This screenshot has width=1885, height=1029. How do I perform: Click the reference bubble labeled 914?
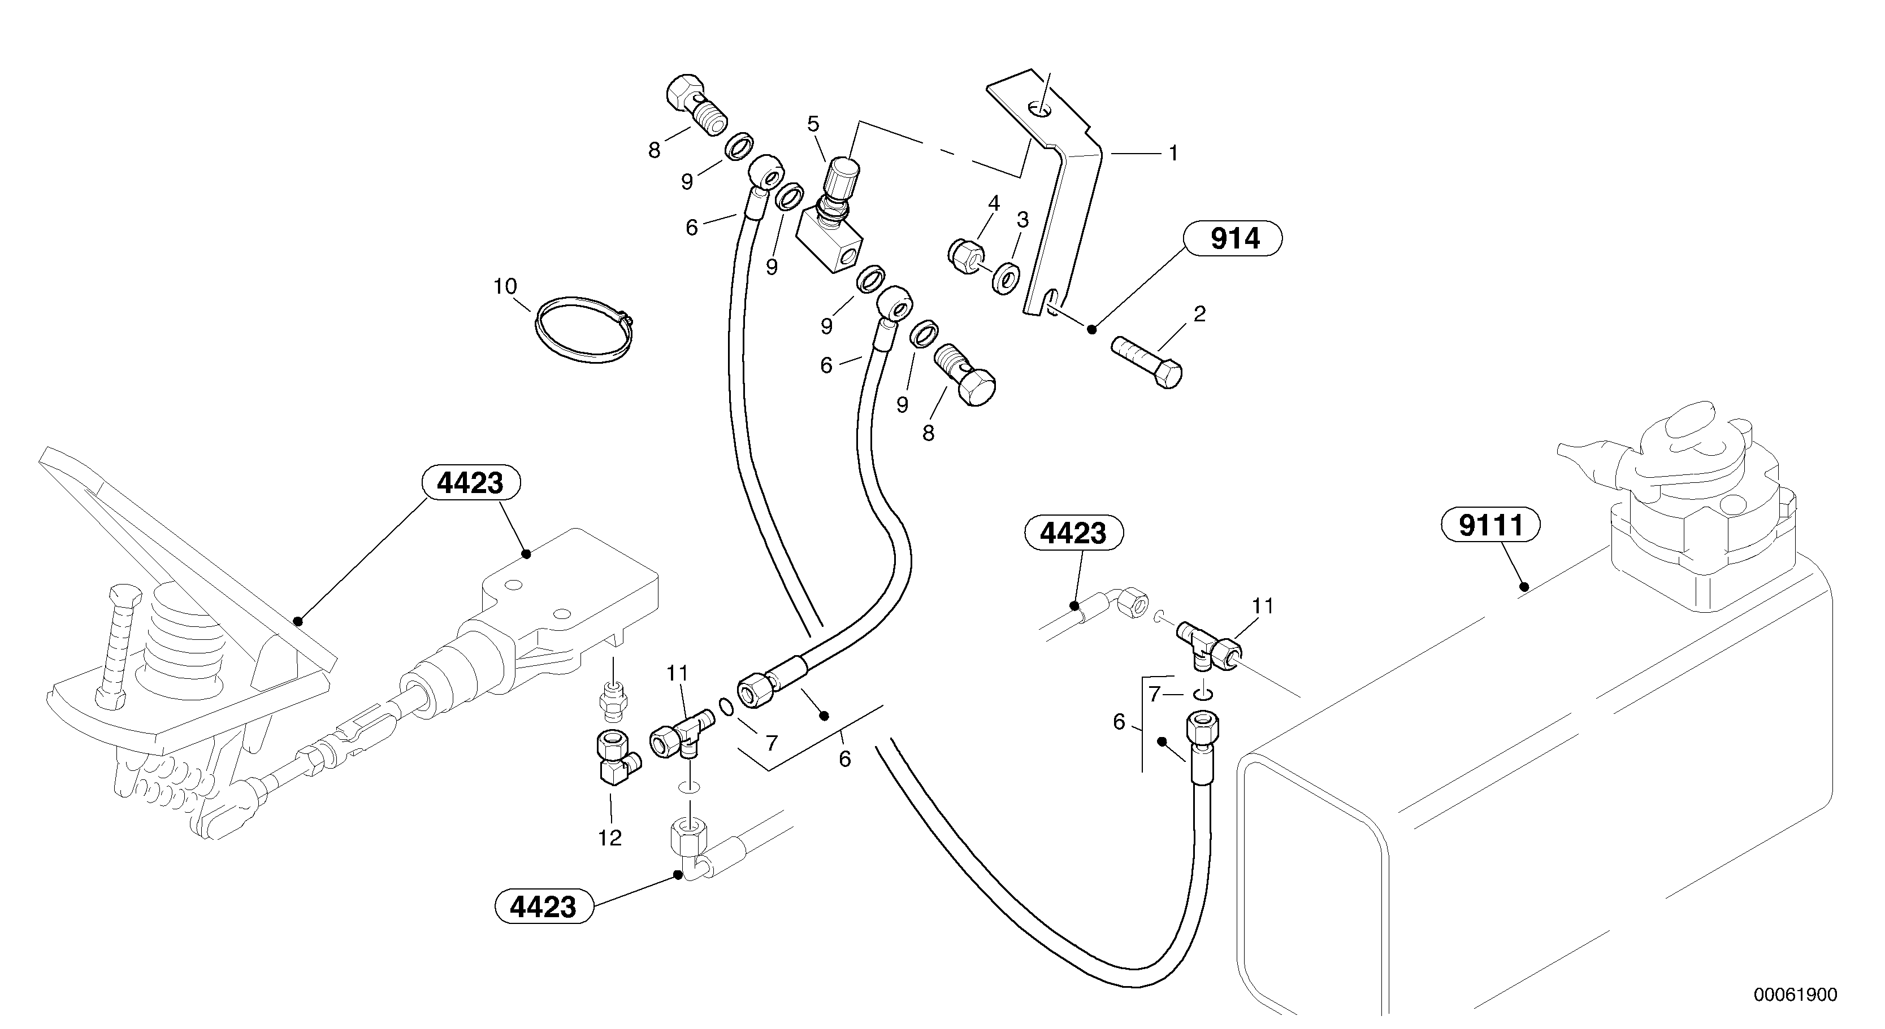(1234, 239)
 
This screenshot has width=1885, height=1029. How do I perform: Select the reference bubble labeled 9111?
(1490, 525)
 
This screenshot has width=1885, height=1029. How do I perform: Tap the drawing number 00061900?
(1794, 995)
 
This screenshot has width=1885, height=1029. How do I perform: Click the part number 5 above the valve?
(813, 124)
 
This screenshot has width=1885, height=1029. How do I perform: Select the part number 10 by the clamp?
(505, 286)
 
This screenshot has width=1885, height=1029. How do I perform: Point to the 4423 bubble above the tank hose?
(1073, 533)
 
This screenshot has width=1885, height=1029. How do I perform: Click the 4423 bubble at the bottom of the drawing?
(544, 907)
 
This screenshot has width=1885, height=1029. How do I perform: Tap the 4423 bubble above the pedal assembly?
(470, 483)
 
